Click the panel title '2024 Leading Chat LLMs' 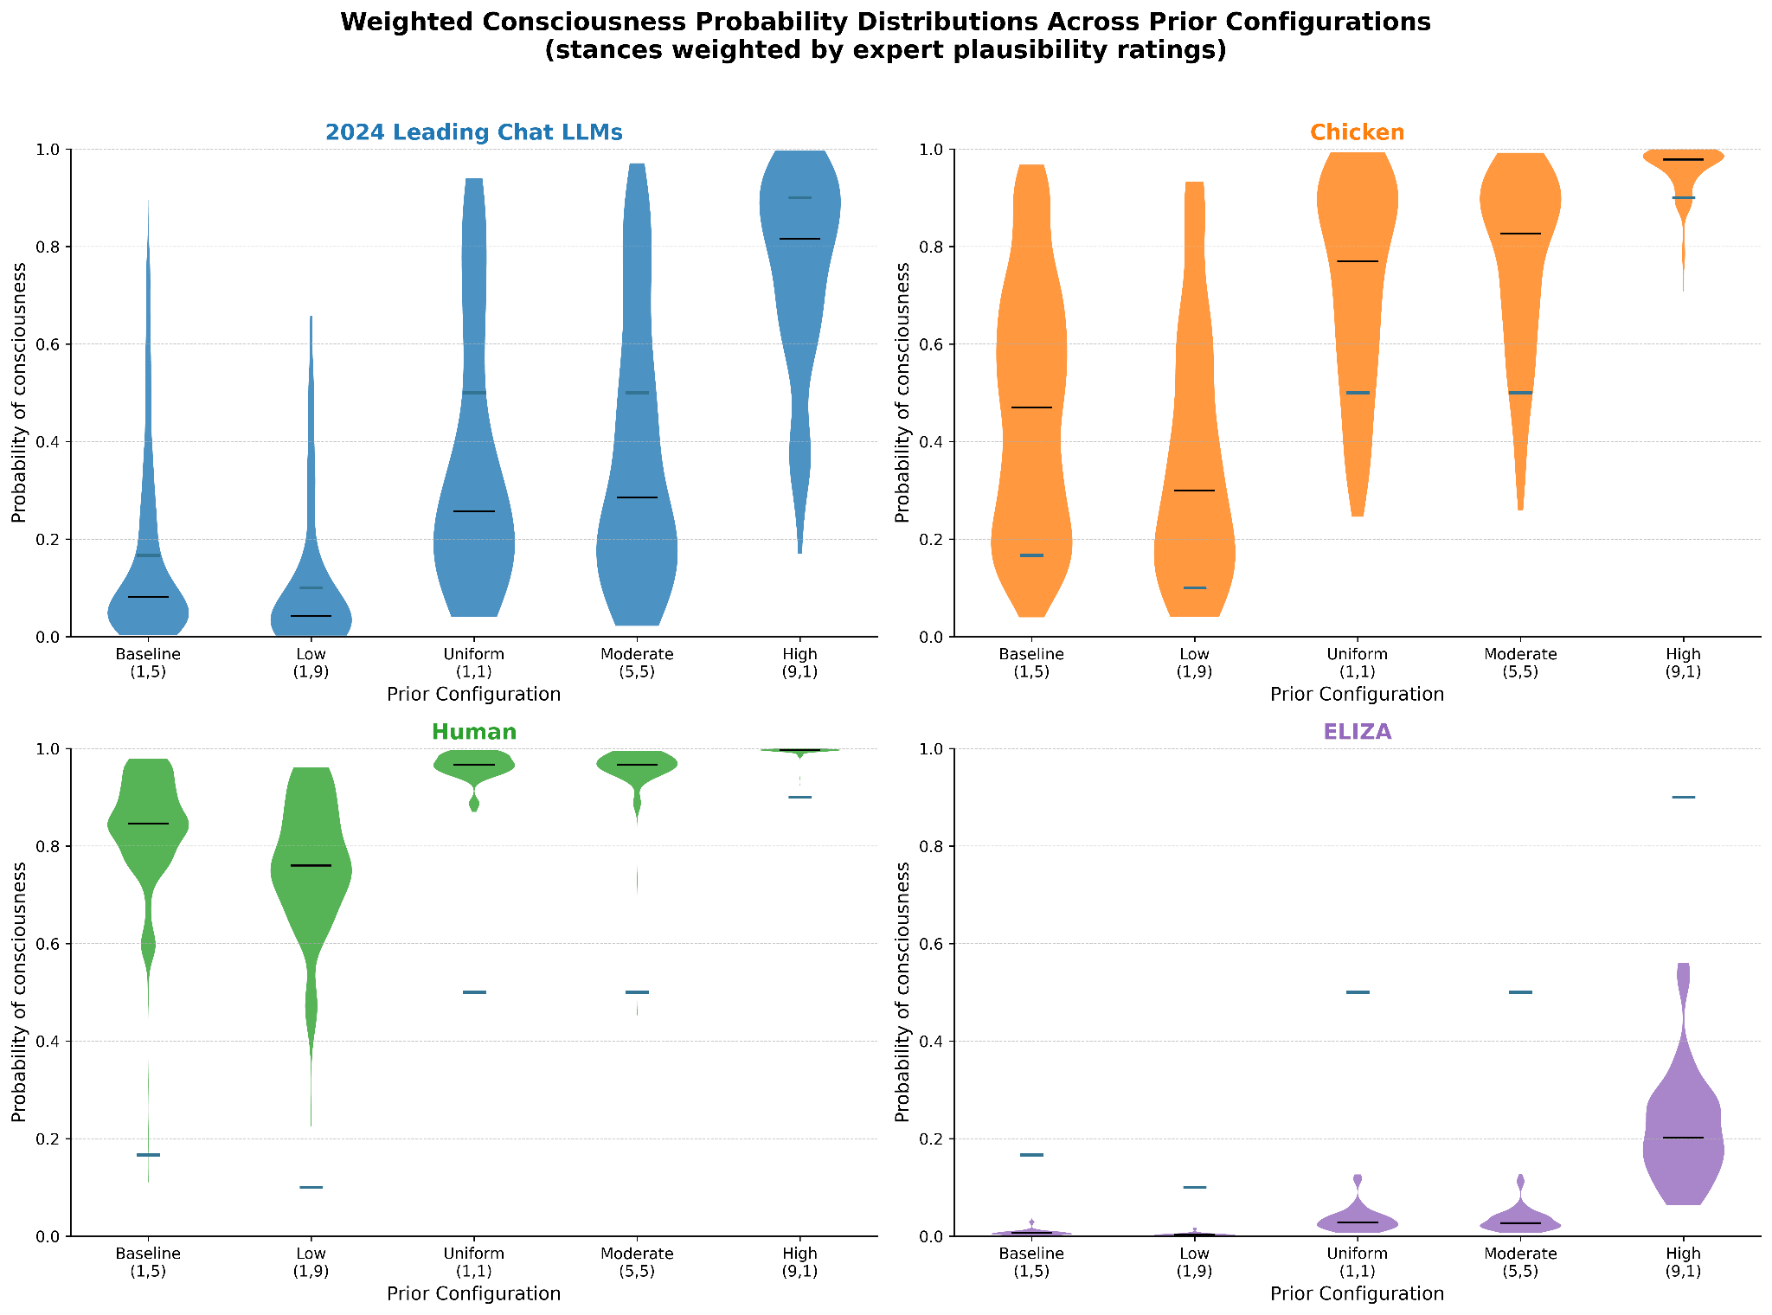[473, 132]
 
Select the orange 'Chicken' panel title [1357, 132]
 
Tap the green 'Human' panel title [473, 732]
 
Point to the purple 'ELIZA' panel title [1357, 732]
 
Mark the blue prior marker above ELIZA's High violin [1683, 797]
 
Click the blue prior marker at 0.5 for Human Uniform [474, 992]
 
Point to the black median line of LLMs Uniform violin [474, 511]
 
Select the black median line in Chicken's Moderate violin [1520, 234]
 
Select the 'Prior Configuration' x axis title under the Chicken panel [1357, 695]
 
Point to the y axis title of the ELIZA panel [902, 991]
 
